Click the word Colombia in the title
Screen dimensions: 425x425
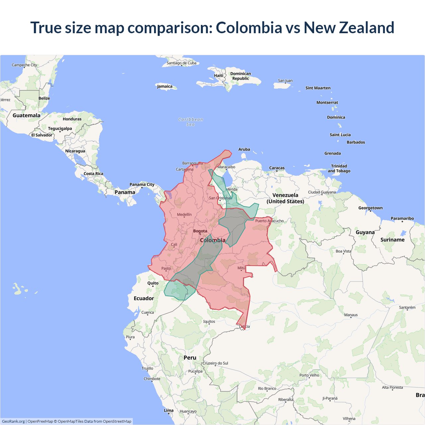[x=249, y=28]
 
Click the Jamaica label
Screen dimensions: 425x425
[x=165, y=86]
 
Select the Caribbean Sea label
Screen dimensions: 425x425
[x=191, y=122]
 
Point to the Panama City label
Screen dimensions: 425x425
[x=142, y=185]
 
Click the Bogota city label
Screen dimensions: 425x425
[x=200, y=231]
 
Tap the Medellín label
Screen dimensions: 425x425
[x=184, y=214]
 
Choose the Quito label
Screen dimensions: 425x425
[x=153, y=283]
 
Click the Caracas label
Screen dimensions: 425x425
[x=277, y=168]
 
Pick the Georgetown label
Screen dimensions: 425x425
[x=370, y=208]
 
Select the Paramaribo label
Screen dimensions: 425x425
[x=402, y=218]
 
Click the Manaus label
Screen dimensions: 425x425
[x=351, y=315]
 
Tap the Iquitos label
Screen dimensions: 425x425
[x=209, y=321]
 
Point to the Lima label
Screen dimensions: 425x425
[x=169, y=410]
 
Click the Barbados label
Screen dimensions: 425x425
[x=356, y=142]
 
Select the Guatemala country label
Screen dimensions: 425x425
[x=26, y=115]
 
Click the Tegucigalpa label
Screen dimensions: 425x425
[x=60, y=128]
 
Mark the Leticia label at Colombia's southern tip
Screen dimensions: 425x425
[x=244, y=326]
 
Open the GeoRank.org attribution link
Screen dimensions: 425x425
[x=13, y=421]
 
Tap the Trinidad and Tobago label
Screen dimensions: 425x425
[x=339, y=168]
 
